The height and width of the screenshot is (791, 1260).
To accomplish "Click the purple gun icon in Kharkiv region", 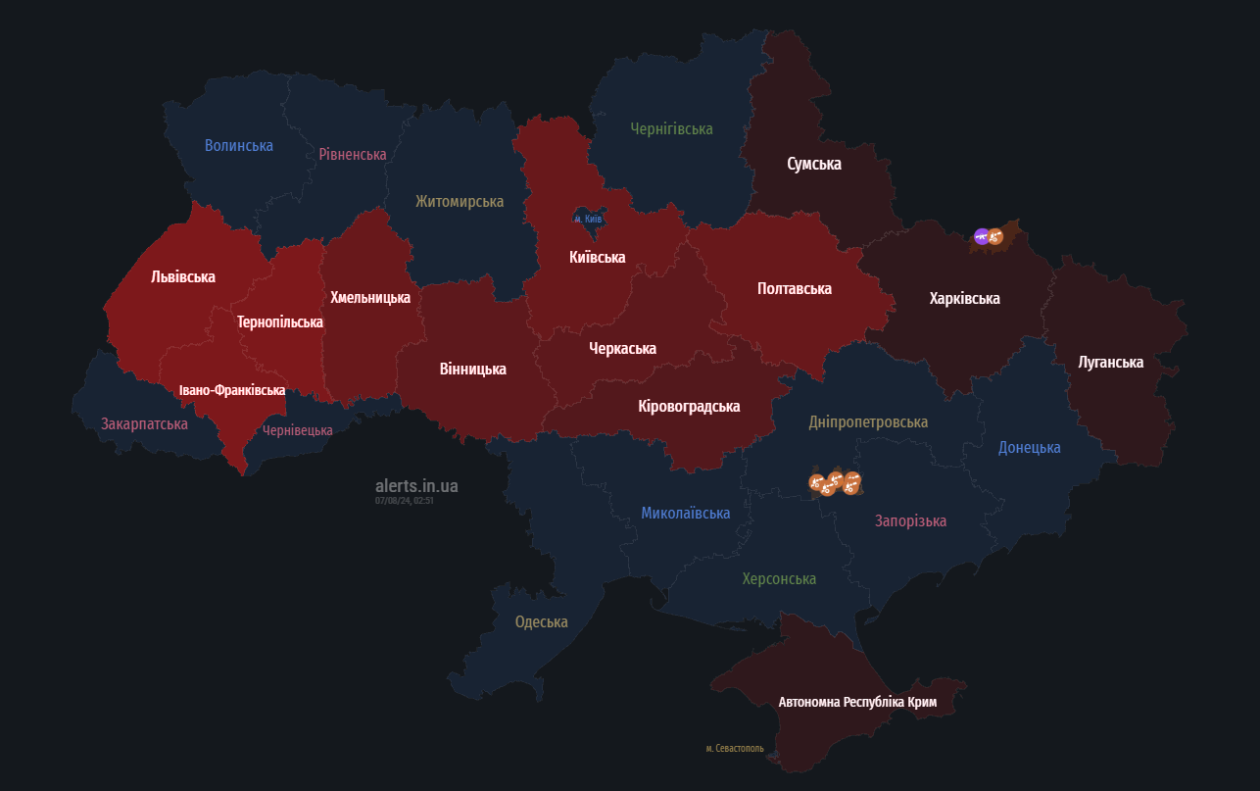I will point(982,236).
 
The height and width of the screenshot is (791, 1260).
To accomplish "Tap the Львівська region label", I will point(183,276).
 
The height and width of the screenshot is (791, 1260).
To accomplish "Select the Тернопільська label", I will point(280,321).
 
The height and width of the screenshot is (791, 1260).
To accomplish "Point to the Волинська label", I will point(239,145).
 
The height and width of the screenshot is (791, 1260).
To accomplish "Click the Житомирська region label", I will point(460,201).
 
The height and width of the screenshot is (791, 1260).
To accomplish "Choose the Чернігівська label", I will point(671,128).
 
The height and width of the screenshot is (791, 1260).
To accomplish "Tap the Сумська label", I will point(814,164).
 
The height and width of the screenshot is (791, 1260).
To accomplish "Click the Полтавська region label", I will point(795,288).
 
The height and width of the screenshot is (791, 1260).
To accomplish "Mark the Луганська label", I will point(1110,362).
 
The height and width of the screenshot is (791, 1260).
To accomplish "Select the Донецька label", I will point(1029,447).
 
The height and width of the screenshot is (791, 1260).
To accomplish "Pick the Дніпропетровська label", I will point(868,421).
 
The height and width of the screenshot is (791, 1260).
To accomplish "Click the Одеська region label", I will point(542,621).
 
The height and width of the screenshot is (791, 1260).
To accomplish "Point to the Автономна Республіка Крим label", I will point(857,702).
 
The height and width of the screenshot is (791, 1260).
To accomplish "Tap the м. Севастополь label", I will point(735,748).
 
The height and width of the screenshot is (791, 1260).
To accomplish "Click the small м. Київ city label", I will point(588,219).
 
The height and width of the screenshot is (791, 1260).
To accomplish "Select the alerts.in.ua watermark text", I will point(416,485).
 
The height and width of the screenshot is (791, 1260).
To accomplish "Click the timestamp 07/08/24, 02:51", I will point(404,500).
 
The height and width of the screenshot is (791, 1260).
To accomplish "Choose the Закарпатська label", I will point(144,423).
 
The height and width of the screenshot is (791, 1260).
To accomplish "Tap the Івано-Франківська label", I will point(232,390).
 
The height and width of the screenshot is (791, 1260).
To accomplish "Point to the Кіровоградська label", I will point(689,406).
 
